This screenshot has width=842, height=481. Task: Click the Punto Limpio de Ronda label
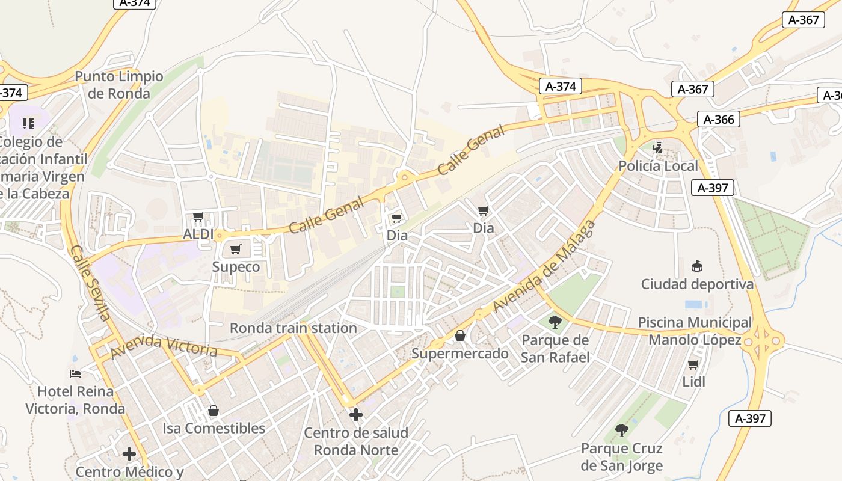[118, 85]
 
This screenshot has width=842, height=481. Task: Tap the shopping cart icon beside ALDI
[198, 216]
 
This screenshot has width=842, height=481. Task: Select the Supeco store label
[236, 267]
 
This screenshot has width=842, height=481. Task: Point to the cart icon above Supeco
[236, 249]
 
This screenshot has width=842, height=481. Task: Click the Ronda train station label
[293, 328]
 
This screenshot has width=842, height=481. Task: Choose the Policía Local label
[659, 166]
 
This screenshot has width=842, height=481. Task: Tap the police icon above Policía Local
[658, 147]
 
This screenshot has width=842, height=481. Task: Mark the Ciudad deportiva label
[697, 284]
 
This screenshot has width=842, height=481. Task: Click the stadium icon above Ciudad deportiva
[697, 265]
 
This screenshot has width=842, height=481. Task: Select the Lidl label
[693, 382]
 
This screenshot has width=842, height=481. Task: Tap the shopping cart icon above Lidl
[693, 364]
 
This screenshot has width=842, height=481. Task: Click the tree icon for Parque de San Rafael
[555, 322]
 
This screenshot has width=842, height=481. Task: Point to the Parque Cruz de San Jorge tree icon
[622, 430]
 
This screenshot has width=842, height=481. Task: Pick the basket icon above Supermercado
[460, 335]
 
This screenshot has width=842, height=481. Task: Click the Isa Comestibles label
[214, 428]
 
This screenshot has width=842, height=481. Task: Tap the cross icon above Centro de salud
[356, 415]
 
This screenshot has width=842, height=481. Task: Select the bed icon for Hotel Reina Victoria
[75, 374]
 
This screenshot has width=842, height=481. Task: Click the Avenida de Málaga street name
[544, 266]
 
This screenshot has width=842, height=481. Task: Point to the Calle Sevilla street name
[90, 283]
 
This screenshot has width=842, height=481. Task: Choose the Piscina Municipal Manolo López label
[695, 331]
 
